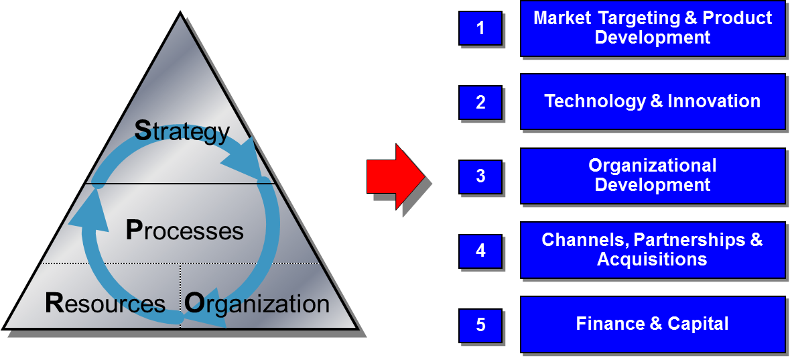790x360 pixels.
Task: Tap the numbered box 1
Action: [x=480, y=28]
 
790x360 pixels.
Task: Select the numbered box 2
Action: [x=480, y=103]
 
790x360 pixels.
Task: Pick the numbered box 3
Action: [x=480, y=176]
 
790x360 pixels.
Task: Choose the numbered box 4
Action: [x=480, y=251]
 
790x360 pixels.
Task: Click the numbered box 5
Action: [x=480, y=325]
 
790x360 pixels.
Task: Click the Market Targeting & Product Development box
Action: [x=653, y=28]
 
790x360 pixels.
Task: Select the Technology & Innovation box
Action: [x=653, y=101]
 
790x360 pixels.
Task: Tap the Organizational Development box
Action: [x=653, y=176]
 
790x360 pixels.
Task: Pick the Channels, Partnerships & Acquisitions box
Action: [x=653, y=249]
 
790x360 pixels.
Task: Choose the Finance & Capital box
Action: [x=653, y=324]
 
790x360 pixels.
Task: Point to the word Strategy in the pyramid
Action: [x=182, y=131]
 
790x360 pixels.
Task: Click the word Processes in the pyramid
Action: [x=184, y=231]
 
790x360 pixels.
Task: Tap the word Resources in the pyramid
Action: [x=105, y=304]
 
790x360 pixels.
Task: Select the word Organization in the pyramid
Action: [x=257, y=304]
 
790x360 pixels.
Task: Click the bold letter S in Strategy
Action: [x=143, y=131]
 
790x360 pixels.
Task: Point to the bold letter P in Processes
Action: [x=134, y=231]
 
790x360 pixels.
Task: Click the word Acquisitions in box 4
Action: [x=652, y=259]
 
